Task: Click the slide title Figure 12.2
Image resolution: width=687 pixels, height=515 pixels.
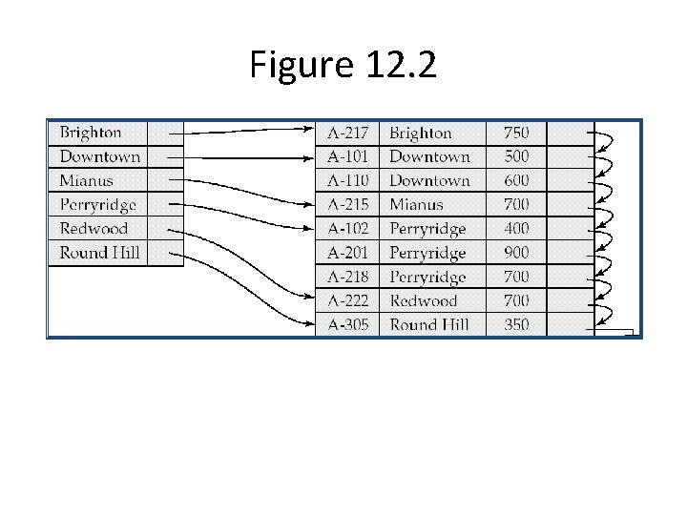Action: pos(343,65)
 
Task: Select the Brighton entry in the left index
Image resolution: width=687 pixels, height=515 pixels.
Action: pos(91,133)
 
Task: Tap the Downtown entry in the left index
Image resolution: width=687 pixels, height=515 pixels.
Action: pos(99,156)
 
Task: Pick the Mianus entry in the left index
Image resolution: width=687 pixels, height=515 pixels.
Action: pos(86,180)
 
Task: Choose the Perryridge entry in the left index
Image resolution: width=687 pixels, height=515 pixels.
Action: pos(97,205)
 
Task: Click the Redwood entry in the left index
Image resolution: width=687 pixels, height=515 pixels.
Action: pos(94,229)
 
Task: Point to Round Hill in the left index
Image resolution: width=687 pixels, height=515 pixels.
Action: pos(99,253)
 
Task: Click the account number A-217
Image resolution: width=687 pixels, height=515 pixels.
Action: pos(347,133)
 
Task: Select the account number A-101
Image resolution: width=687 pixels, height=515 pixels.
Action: pos(347,156)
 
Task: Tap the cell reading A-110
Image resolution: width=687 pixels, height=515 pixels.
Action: pos(347,180)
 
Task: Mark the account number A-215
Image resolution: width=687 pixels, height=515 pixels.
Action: pos(347,204)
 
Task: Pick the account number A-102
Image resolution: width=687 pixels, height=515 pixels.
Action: pos(347,229)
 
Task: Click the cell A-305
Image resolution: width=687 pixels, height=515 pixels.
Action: pos(347,324)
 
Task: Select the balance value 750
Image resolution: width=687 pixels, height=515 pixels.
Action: pos(516,133)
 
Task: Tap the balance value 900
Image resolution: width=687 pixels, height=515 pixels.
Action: pos(516,253)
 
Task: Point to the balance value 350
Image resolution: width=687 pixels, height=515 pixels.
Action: pos(516,324)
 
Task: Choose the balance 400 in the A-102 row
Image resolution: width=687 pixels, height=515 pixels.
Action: pos(516,229)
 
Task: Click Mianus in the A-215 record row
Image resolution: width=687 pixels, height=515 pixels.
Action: pos(416,204)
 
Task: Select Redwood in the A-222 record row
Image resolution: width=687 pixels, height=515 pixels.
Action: pos(424,300)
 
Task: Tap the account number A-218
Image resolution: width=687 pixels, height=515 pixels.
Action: pos(347,277)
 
